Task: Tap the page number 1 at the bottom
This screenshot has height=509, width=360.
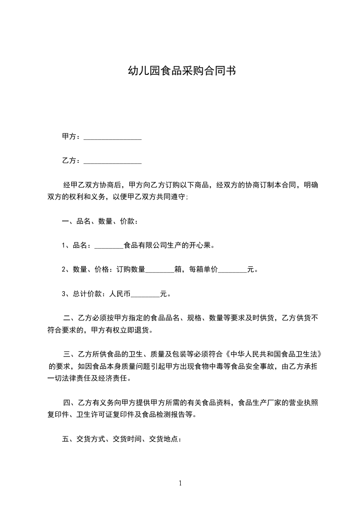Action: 180,483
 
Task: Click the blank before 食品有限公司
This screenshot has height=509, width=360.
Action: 109,245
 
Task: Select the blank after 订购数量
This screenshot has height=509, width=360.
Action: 160,269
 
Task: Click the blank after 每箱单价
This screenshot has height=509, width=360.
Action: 232,269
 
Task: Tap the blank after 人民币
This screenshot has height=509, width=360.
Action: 145,294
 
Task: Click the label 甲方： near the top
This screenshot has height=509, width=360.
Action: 71,137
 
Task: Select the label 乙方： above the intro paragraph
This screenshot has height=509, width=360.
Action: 71,161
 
